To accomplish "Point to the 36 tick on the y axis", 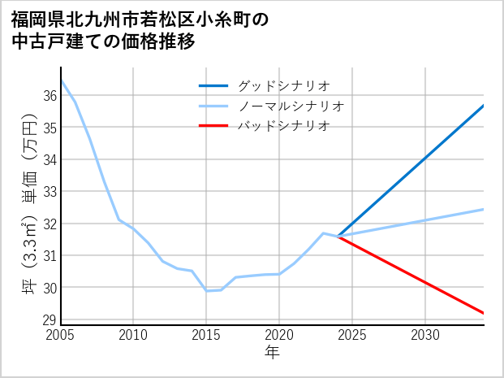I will pos(49,96).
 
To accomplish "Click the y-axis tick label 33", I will pos(49,192).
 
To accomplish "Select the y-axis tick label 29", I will pos(49,319).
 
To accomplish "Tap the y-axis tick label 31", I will pos(49,256).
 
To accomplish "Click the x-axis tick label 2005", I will pos(61,335).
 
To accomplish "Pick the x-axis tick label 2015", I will pos(206,335).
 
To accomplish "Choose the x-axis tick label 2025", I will pos(352,335).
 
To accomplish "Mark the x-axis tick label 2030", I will pos(425,335).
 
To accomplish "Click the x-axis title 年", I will pos(273,352).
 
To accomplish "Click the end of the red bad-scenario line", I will pos(484,313).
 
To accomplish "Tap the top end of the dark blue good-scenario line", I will pos(484,106).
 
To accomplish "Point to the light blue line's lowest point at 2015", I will pos(206,291).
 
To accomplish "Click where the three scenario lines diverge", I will pos(338,237).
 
